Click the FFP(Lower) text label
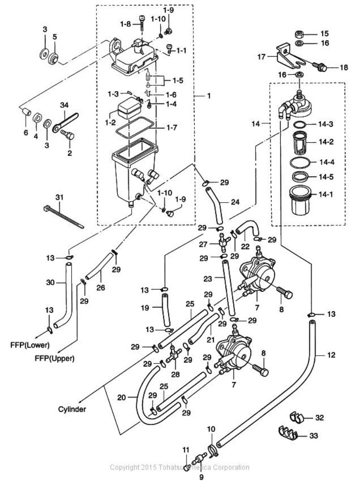(x=30, y=345)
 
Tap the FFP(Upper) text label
(x=55, y=358)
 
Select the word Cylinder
(x=72, y=409)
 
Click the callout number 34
(x=64, y=106)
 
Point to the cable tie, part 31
(x=62, y=216)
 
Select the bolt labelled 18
(x=319, y=66)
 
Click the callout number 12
(x=331, y=355)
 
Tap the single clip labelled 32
(x=297, y=417)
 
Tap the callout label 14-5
(x=326, y=177)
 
